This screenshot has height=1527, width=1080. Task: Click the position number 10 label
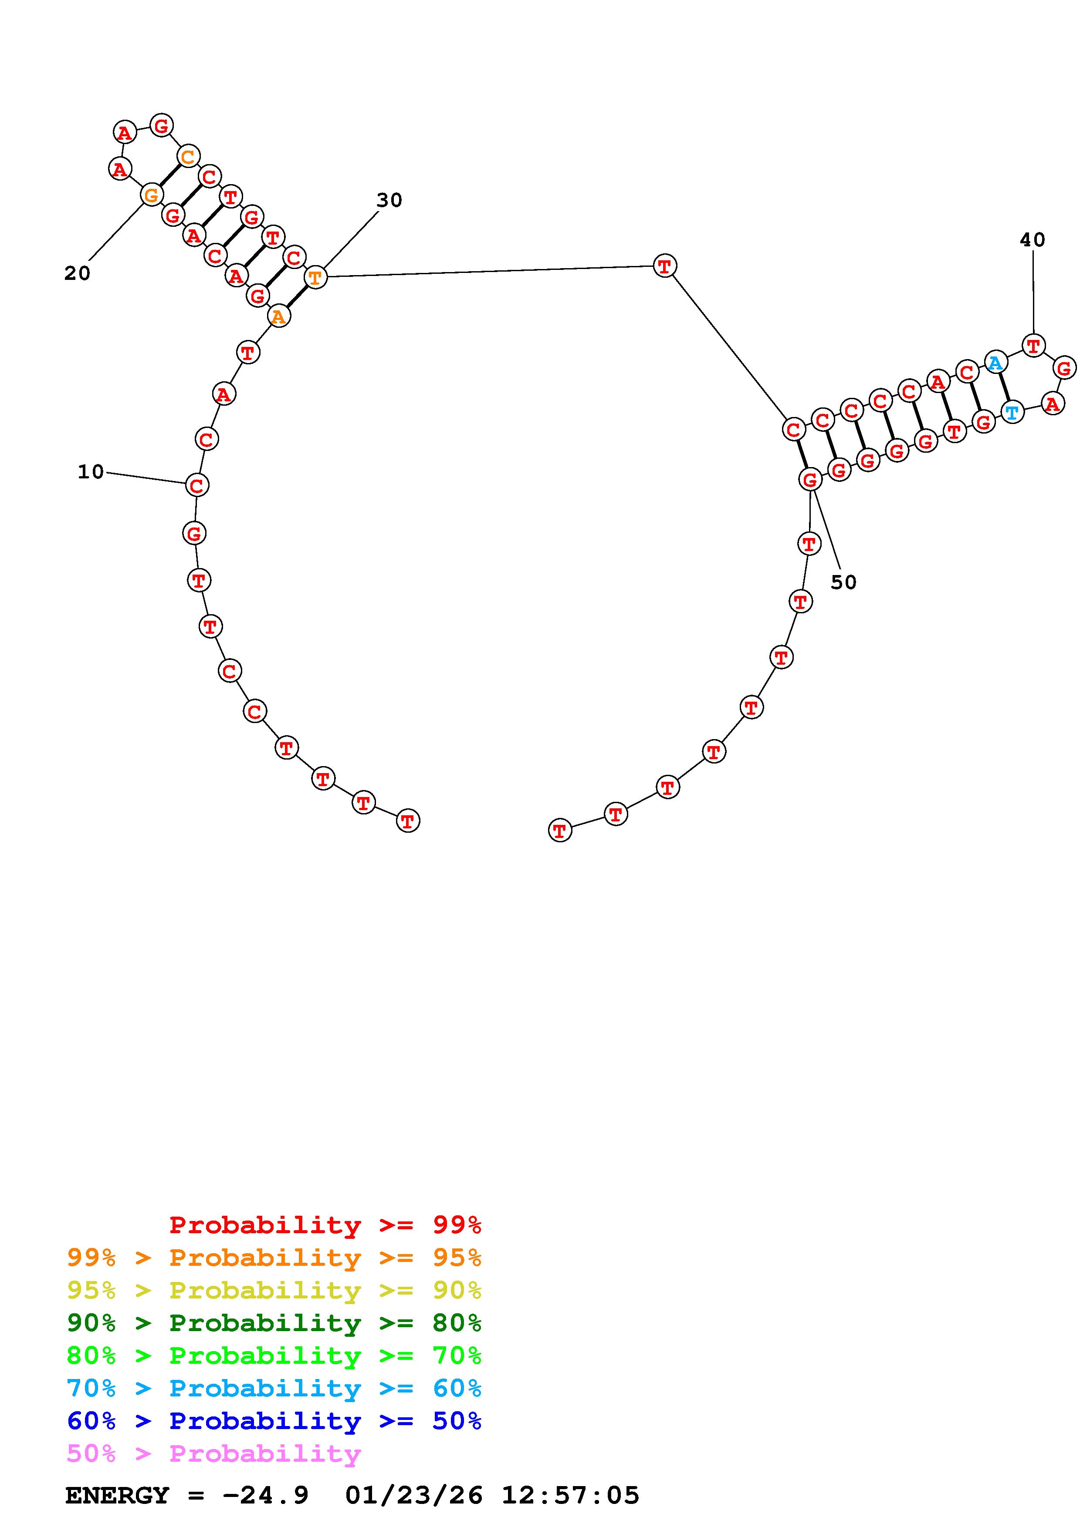pos(91,472)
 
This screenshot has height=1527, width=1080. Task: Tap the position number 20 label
pos(77,273)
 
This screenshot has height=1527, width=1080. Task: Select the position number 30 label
pos(389,200)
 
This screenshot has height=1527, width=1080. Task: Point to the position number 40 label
pos(1032,240)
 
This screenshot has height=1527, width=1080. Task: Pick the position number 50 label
pos(843,582)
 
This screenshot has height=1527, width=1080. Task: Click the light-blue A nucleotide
pos(995,363)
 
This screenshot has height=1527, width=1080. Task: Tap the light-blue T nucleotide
pos(1012,412)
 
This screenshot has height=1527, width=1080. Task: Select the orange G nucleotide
pos(152,195)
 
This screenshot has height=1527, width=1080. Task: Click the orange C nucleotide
pos(188,157)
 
